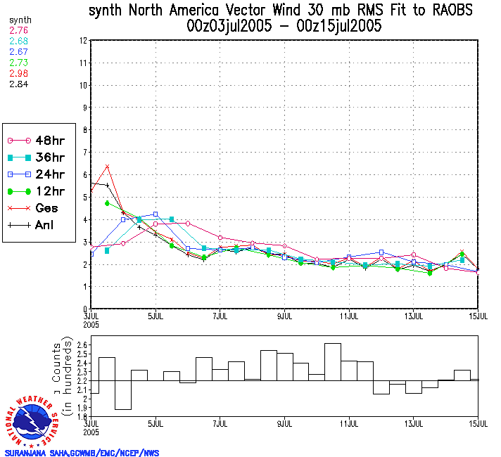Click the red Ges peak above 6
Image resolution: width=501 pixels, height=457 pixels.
click(107, 167)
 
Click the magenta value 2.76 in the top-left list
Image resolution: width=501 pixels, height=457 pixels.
click(18, 31)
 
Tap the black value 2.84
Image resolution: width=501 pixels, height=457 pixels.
click(18, 84)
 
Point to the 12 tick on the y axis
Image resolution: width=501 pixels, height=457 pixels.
click(83, 41)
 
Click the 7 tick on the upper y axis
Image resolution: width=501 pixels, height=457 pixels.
click(84, 153)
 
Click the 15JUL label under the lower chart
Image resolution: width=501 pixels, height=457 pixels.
click(478, 423)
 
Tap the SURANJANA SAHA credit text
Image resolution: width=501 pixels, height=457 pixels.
click(82, 453)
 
